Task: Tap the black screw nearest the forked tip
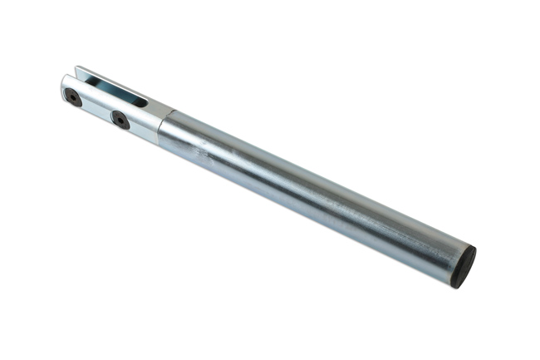tap(73, 97)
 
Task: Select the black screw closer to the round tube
tap(120, 120)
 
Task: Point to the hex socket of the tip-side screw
tap(73, 97)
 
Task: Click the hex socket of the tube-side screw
tap(120, 120)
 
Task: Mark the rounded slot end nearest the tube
tap(143, 102)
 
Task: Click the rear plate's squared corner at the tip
tap(77, 69)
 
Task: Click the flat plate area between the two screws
tap(96, 108)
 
